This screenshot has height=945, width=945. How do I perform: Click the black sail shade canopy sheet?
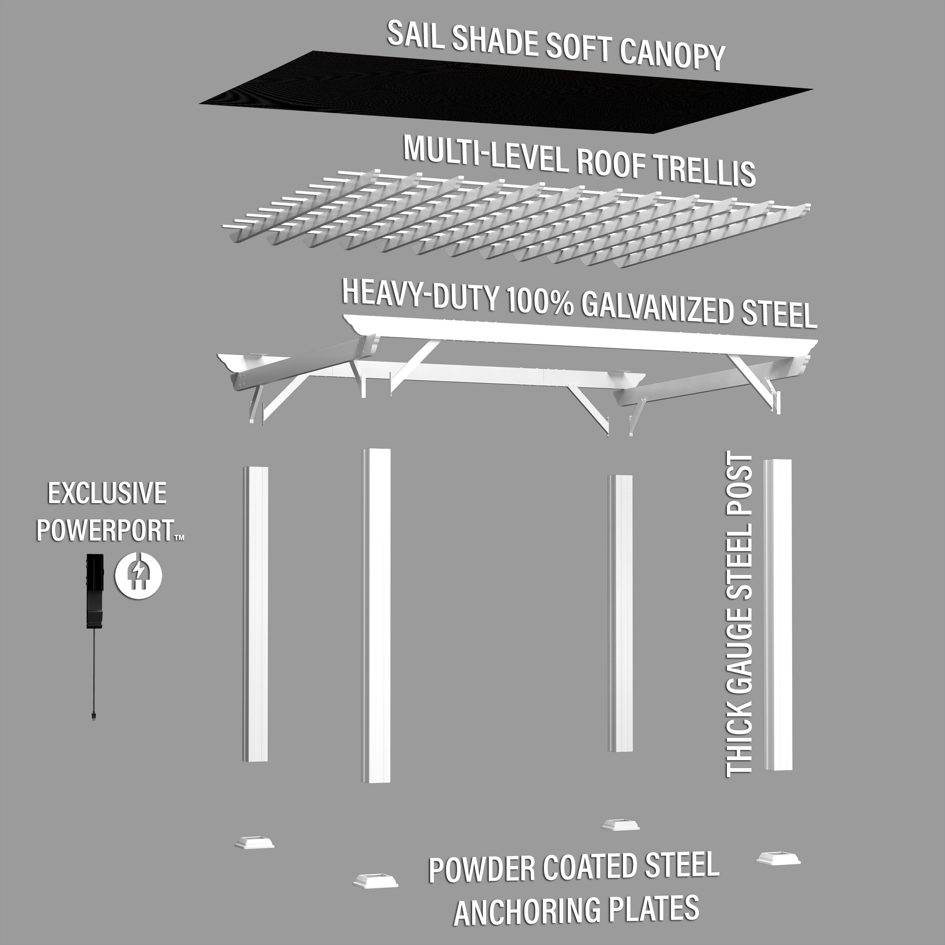coord(504,93)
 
